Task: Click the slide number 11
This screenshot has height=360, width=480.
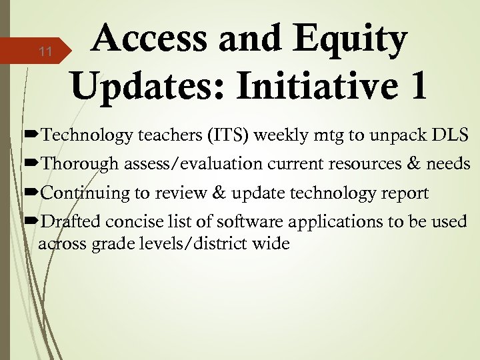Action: tap(45, 52)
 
